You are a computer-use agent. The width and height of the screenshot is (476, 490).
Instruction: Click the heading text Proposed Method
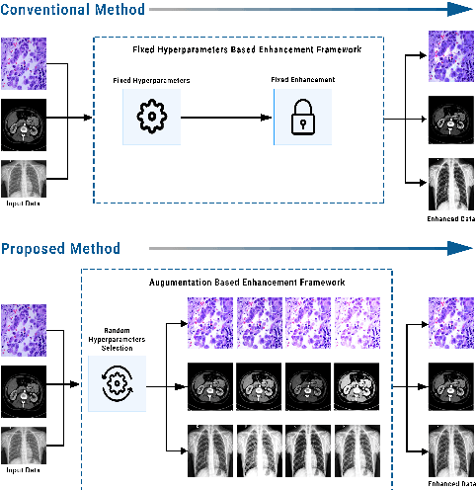pyautogui.click(x=61, y=248)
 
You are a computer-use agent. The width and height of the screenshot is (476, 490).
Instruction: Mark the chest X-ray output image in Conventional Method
pyautogui.click(x=450, y=183)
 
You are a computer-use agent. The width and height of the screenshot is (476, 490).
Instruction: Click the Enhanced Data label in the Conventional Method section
pyautogui.click(x=450, y=217)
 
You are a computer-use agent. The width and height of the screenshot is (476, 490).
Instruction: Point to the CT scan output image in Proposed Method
pyautogui.click(x=450, y=387)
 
